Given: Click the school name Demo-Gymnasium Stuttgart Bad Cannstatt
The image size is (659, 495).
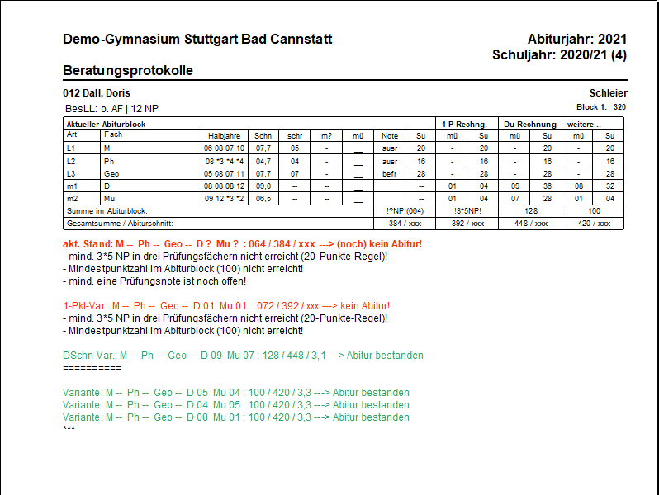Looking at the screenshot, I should click(197, 39).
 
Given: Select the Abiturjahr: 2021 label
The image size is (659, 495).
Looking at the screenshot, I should click(576, 39).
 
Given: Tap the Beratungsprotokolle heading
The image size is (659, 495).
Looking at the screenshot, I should click(128, 70).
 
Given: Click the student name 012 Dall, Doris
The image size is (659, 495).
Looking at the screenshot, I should click(97, 93).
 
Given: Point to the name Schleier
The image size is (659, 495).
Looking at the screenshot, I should click(608, 93).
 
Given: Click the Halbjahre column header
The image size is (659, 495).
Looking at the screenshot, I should click(225, 135).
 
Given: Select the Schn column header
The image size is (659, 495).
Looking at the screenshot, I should click(263, 135).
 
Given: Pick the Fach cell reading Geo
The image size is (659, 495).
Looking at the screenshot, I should click(111, 174).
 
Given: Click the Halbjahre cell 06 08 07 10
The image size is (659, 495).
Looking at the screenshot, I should click(225, 148).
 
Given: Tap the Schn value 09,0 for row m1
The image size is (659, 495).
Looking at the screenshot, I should click(263, 186).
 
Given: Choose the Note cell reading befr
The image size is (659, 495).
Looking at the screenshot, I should click(390, 174).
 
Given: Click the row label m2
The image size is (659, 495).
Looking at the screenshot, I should click(73, 199).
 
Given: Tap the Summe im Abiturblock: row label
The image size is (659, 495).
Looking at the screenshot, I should click(107, 211).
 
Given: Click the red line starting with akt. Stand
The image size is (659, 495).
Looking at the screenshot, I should click(242, 244).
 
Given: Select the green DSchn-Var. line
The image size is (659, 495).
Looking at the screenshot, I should click(243, 356).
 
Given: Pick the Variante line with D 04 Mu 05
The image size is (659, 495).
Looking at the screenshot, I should click(236, 405).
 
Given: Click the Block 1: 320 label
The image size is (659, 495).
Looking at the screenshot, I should click(600, 107).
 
